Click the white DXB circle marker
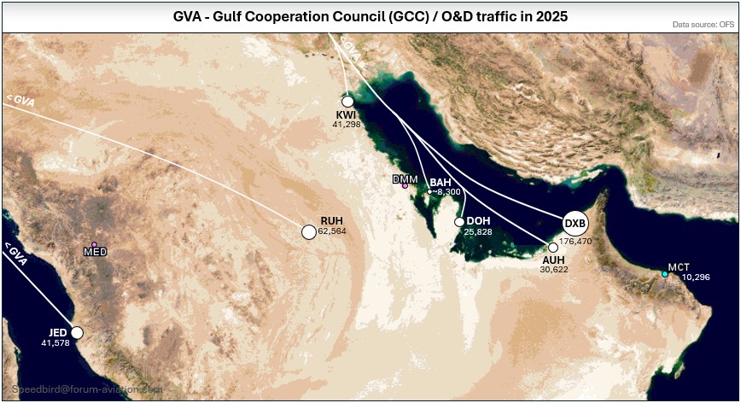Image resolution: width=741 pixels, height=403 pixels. [575, 224]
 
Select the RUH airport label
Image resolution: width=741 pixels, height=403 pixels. [331, 220]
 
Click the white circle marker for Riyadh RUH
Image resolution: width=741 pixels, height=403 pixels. [309, 231]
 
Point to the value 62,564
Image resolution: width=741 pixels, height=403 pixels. [332, 231]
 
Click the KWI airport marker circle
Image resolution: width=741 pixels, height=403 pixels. [347, 102]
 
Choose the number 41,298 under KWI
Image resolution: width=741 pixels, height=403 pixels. [347, 125]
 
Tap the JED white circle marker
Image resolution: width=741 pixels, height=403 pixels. [77, 332]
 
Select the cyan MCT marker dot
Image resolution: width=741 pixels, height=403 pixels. [665, 274]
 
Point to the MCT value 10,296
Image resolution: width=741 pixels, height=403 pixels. [696, 277]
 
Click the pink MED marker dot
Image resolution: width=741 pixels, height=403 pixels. [95, 245]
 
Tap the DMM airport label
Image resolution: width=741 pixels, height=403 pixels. [404, 179]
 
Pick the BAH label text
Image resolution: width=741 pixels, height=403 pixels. [441, 183]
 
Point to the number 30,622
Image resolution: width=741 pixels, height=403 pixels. [554, 269]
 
